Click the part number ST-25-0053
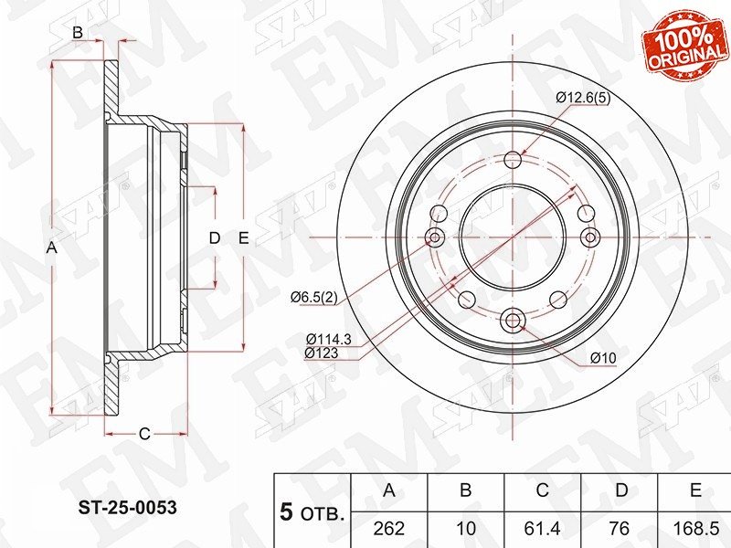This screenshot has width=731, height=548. point(127,507)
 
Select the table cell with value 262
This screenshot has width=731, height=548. point(389,529)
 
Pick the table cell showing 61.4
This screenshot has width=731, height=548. point(543,529)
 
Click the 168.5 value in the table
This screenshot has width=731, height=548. point(695,529)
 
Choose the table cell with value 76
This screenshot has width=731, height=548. point(620,529)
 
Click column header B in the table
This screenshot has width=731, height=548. point(466,490)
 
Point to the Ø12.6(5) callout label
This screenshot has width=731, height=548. point(583,98)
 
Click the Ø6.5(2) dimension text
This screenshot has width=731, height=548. point(313,297)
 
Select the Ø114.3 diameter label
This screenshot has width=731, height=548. point(329,339)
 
